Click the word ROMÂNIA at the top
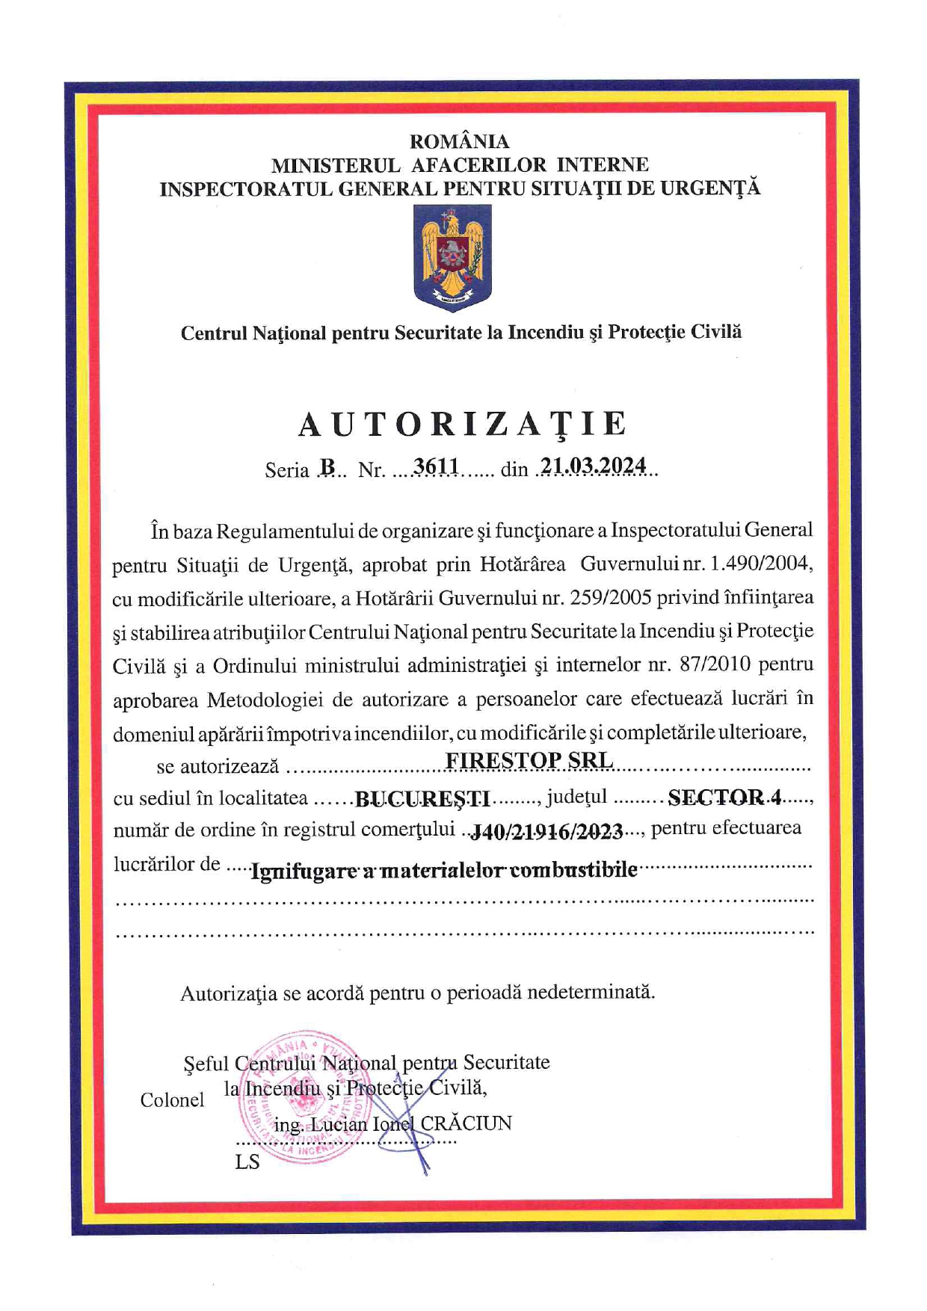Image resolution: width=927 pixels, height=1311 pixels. pyautogui.click(x=459, y=141)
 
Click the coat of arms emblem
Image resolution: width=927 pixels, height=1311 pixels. pyautogui.click(x=452, y=257)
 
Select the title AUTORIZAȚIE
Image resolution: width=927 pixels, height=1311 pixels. pyautogui.click(x=463, y=425)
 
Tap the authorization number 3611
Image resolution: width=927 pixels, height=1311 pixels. pyautogui.click(x=437, y=466)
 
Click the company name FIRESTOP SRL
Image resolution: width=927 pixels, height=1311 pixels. pyautogui.click(x=529, y=760)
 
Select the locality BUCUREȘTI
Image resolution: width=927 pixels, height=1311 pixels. pyautogui.click(x=422, y=799)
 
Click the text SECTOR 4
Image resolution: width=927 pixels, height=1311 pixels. pyautogui.click(x=724, y=798)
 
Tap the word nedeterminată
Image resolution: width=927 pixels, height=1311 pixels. pyautogui.click(x=591, y=993)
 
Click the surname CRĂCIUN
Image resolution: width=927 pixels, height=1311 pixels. pyautogui.click(x=466, y=1123)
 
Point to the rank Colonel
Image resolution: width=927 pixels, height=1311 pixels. pyautogui.click(x=172, y=1100)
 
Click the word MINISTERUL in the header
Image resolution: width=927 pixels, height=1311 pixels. pyautogui.click(x=336, y=164)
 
